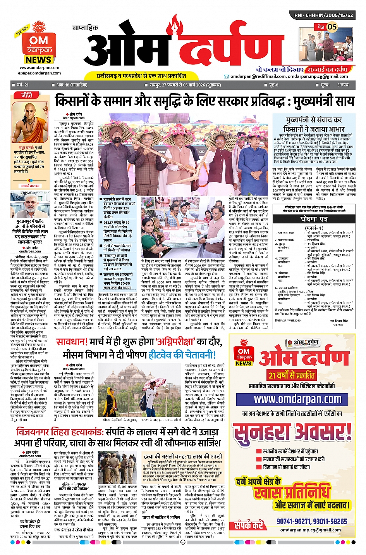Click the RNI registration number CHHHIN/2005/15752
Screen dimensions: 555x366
click(324, 15)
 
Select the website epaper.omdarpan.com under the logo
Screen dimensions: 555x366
click(39, 73)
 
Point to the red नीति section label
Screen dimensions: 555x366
click(27, 95)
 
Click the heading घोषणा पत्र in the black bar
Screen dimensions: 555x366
click(314, 219)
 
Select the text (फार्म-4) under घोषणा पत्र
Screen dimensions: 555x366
click(314, 228)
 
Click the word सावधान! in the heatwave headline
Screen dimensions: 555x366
click(72, 342)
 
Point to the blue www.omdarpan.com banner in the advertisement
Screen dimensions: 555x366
click(292, 399)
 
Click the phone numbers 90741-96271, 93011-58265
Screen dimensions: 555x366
click(312, 521)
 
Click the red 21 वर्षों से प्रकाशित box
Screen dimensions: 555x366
click(292, 375)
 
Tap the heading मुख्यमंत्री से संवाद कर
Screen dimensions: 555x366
click(314, 120)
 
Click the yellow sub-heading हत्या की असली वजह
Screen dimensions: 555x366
click(182, 456)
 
